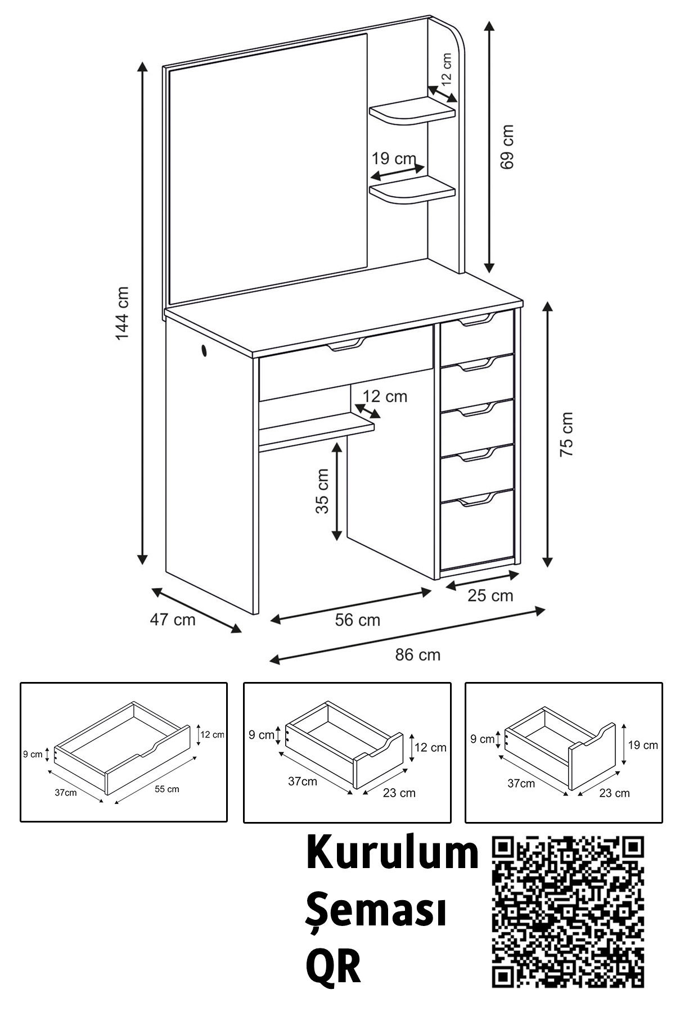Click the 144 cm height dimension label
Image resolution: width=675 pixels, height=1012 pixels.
point(122,313)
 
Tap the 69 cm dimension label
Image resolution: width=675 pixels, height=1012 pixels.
point(507,147)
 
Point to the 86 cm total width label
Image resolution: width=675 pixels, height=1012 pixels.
point(417,654)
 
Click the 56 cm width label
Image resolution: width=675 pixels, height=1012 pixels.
point(358,620)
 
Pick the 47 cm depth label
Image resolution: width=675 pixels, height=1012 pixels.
point(173,620)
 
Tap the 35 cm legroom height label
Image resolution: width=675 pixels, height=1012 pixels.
point(322,491)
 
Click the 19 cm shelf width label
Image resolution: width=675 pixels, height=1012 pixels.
point(394,159)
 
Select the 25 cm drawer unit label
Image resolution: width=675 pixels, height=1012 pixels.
point(490,595)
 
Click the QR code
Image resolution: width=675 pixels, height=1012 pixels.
point(568,915)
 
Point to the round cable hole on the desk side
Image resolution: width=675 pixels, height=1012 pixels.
point(202,351)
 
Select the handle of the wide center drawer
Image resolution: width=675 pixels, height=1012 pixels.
point(346,345)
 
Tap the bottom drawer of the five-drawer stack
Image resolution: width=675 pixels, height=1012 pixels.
point(477,528)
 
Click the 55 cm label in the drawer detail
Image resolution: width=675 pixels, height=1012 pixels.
point(167,789)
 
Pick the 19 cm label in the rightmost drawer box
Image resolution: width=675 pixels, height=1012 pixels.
point(643,745)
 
